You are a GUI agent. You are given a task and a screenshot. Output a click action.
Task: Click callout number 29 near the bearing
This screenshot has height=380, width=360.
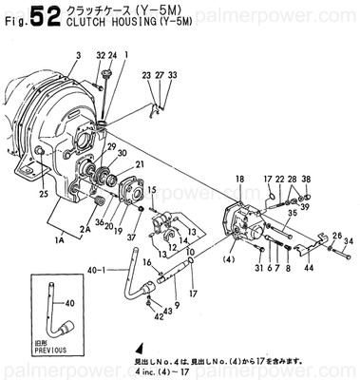pos(111,146)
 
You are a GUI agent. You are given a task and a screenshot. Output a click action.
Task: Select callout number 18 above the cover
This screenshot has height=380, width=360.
pos(239,179)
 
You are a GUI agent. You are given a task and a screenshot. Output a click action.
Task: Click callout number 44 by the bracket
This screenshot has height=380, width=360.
pos(309,269)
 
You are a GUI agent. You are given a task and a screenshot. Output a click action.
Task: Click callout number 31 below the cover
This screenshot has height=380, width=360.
pos(258,269)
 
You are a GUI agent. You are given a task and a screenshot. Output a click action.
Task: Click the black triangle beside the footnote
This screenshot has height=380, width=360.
pos(139,349)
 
